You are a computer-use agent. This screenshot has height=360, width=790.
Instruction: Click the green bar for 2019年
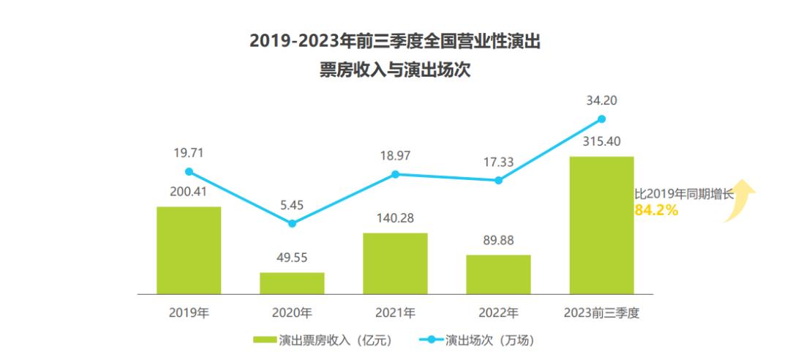click(189, 250)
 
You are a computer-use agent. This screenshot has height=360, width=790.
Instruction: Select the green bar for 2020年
click(292, 283)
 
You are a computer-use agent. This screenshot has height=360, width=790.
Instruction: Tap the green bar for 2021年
click(395, 263)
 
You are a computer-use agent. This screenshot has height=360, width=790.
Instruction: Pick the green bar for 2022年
click(498, 274)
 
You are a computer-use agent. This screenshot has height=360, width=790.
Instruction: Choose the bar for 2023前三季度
click(601, 225)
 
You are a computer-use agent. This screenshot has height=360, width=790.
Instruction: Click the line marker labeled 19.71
click(189, 172)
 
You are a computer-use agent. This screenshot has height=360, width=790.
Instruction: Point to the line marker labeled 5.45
click(292, 223)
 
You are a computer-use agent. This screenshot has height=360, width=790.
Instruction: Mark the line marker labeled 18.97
click(395, 174)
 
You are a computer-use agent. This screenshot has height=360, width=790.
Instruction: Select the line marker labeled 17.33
click(498, 180)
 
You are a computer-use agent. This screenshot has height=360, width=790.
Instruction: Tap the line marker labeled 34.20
click(601, 119)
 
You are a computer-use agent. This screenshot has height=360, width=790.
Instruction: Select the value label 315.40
click(601, 140)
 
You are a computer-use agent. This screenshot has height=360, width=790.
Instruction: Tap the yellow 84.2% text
click(656, 211)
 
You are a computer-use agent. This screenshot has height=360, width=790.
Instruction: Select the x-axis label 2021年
click(395, 313)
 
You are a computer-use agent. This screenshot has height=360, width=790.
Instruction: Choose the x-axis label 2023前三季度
click(601, 313)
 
